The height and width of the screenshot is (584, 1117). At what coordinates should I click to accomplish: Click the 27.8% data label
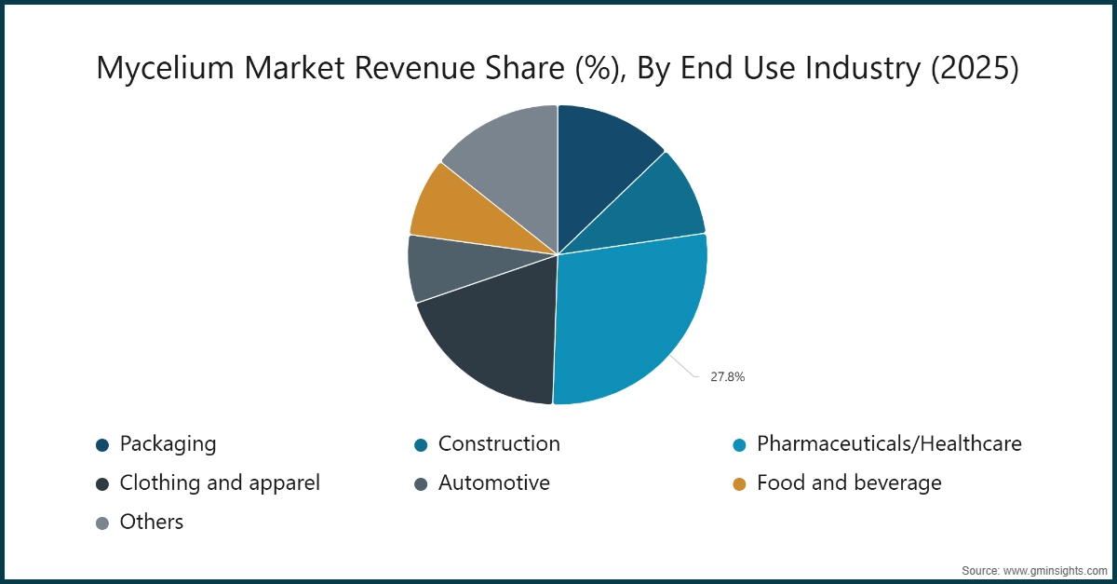coord(728,377)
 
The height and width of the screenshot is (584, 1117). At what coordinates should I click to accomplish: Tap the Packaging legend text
coord(168,443)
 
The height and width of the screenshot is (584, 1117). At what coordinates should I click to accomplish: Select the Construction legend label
coord(499,443)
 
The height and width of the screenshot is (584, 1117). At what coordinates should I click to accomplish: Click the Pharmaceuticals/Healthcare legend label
coord(889,443)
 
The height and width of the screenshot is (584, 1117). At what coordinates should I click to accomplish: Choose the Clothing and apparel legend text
coord(220,482)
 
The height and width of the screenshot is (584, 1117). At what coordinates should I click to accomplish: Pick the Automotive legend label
coord(493,482)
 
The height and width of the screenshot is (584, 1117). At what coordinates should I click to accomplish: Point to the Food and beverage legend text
coord(849,482)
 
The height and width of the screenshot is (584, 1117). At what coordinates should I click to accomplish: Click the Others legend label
coord(152,522)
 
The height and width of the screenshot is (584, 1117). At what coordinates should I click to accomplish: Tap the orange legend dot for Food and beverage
coord(739,483)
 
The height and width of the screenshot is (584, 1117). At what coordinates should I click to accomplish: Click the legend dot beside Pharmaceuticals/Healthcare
coord(739,444)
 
